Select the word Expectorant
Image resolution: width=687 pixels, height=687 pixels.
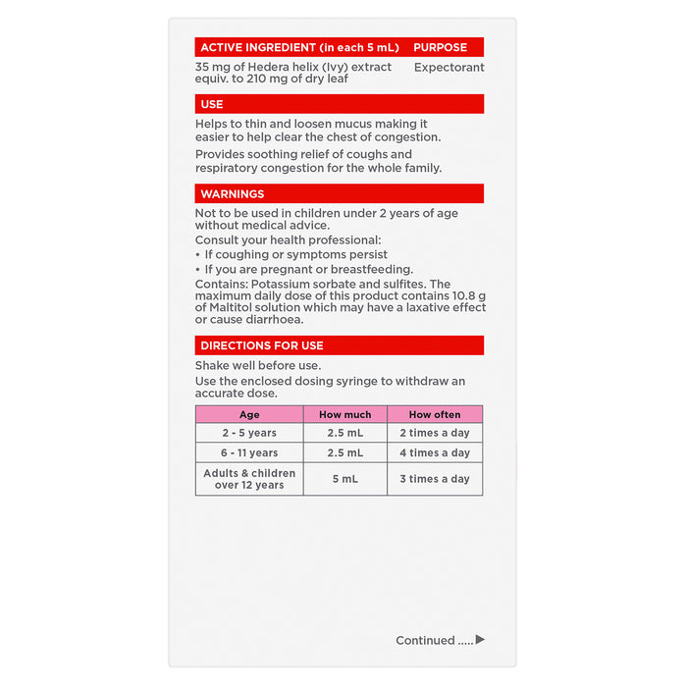[x=449, y=68]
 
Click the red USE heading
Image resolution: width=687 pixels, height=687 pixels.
[x=212, y=104]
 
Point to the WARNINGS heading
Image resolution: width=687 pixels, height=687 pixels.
[x=233, y=194]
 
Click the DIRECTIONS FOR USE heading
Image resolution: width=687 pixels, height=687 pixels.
[x=262, y=345]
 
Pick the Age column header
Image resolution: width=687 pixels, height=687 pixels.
[x=249, y=415]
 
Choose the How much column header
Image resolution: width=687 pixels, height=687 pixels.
[x=344, y=415]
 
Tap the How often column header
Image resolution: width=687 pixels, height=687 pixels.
[x=435, y=415]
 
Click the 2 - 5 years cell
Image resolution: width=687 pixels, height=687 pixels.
[x=249, y=433]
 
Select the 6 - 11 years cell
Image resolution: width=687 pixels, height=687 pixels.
[x=249, y=453]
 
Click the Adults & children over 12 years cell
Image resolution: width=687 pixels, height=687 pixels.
[x=249, y=479]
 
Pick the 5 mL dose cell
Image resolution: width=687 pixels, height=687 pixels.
[x=344, y=479]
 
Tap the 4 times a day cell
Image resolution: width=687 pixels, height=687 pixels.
[x=435, y=453]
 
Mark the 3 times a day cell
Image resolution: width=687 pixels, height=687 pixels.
[x=435, y=479]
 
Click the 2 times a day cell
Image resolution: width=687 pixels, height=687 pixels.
[x=435, y=433]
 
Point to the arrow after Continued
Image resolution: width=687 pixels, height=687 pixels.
[x=480, y=640]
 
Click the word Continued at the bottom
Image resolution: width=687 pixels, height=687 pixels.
[x=425, y=641]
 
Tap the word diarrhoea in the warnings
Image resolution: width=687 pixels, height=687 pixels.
[x=273, y=320]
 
